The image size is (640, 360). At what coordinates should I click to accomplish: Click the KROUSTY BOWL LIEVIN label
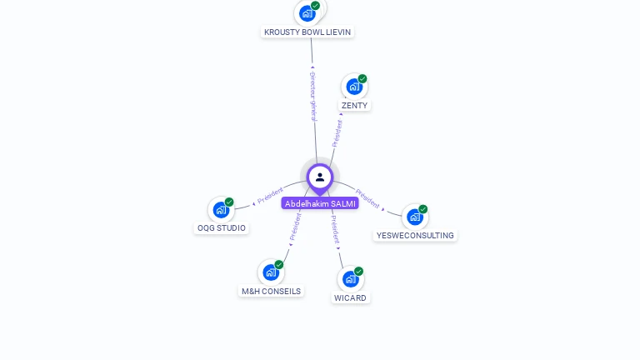[307, 32]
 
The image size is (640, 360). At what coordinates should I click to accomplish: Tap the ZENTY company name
[354, 106]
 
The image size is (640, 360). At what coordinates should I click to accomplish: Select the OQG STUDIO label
[221, 227]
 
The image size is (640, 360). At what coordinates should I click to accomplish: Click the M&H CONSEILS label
[271, 292]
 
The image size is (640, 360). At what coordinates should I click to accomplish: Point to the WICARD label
[350, 297]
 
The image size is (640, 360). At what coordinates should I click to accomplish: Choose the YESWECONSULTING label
[415, 236]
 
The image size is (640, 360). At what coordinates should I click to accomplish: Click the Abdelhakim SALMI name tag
[320, 203]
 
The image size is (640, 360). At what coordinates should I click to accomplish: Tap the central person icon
[320, 177]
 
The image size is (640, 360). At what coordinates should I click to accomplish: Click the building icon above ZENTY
[354, 87]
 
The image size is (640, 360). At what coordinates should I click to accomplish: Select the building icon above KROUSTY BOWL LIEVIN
[307, 13]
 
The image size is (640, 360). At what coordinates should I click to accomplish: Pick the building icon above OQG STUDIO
[221, 209]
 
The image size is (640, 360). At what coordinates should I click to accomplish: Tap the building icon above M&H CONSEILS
[271, 272]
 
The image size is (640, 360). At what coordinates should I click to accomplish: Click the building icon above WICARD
[350, 279]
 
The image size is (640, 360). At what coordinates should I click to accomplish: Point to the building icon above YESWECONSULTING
[415, 217]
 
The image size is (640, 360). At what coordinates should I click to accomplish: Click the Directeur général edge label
[313, 97]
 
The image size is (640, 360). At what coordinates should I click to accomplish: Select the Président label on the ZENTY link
[337, 132]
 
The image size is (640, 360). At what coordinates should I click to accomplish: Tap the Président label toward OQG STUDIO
[270, 197]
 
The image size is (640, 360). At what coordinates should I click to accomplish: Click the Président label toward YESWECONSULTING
[367, 198]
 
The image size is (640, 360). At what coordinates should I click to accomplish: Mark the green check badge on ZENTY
[362, 78]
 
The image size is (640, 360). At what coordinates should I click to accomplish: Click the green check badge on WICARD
[358, 271]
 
